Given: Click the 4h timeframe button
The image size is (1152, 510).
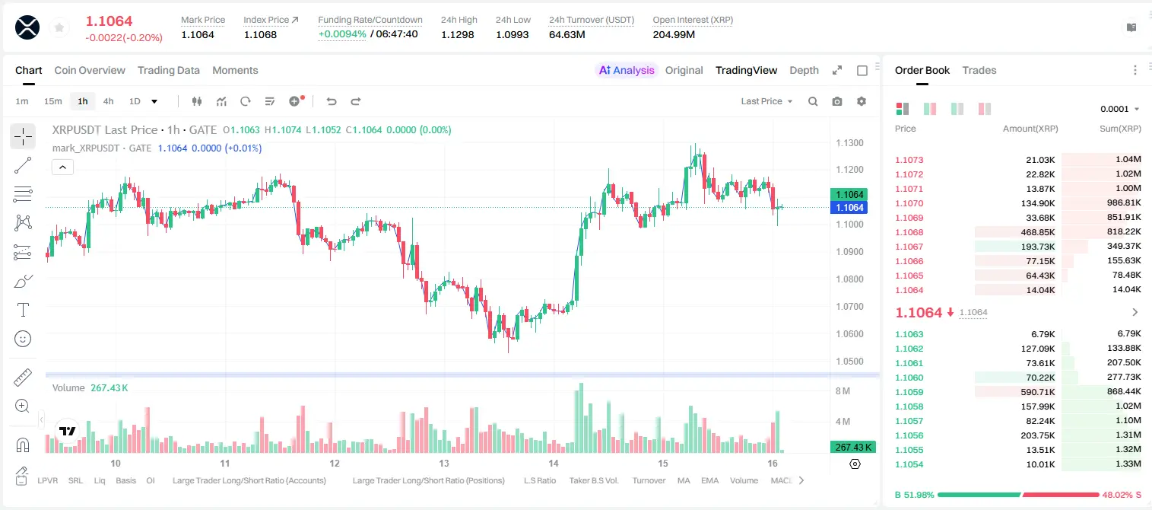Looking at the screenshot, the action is (x=108, y=101).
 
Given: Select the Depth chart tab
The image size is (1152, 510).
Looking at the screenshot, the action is (x=804, y=71).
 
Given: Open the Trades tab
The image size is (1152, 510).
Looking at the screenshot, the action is (x=979, y=71).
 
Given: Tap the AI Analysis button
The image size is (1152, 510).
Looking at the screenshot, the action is (x=627, y=71).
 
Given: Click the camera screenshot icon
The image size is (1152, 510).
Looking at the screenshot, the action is (x=837, y=101).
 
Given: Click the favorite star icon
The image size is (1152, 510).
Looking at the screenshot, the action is (x=59, y=27).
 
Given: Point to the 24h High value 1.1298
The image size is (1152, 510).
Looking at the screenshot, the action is (x=457, y=34).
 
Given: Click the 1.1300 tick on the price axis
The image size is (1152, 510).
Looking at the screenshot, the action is (x=849, y=142).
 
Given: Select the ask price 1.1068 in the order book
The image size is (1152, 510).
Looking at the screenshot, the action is (x=909, y=232).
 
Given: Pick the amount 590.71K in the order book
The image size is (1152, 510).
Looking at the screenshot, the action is (x=1037, y=392).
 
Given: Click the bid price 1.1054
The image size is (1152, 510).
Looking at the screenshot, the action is (x=909, y=464).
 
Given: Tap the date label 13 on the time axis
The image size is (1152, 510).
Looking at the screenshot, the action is (x=444, y=463).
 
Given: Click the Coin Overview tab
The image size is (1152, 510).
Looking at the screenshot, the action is (x=90, y=71).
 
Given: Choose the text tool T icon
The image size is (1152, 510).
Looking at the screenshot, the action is (x=23, y=310).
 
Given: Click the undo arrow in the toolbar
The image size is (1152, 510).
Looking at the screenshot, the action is (x=332, y=101).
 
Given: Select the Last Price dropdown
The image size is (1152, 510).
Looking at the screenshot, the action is (x=766, y=101).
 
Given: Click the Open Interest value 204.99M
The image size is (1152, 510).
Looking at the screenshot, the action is (x=674, y=34).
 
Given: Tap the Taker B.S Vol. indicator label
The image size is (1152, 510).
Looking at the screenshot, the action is (x=593, y=480).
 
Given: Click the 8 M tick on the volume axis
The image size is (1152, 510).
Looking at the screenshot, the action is (x=843, y=391).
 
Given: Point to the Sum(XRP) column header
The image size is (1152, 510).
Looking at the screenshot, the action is (x=1120, y=129).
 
